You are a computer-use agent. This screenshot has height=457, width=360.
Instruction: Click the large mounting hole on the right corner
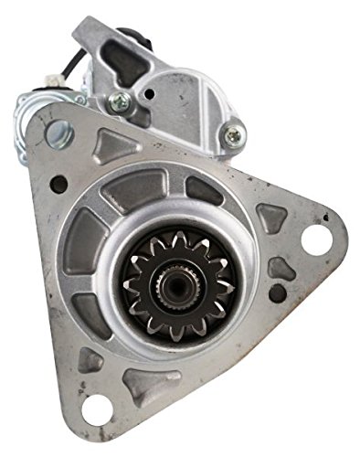click(x=313, y=239)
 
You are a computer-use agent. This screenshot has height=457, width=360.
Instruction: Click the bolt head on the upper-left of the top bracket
click(x=116, y=101)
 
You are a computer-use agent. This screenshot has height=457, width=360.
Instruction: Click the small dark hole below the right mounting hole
click(x=276, y=294)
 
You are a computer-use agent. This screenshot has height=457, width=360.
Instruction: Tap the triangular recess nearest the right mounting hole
click(x=270, y=218)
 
